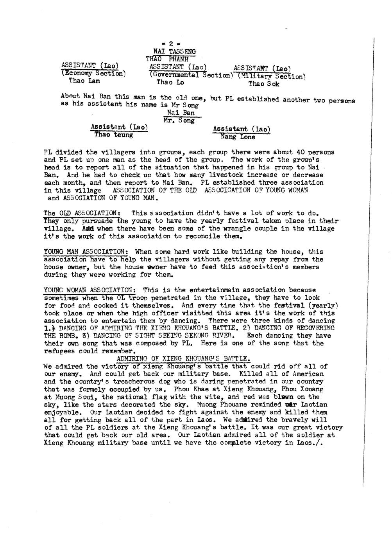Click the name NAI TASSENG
(174, 51)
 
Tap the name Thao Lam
(84, 81)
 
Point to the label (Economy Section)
(93, 73)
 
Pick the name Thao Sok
(264, 84)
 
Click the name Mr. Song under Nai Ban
(179, 121)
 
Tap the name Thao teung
(113, 135)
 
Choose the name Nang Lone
(238, 137)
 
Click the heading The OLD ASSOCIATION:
(82, 213)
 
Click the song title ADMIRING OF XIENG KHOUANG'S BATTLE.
(183, 358)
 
